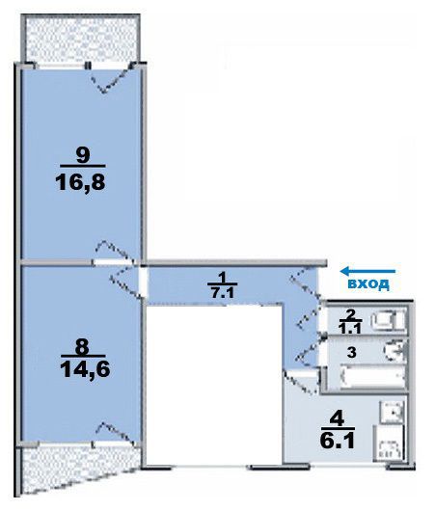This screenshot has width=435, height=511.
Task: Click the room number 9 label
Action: coord(82,155)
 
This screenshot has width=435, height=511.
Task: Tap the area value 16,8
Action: coord(81,182)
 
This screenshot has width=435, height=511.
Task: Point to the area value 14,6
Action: coord(85,369)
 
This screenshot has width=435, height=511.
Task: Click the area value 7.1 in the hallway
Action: coord(222,293)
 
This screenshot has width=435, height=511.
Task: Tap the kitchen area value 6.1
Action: coord(338,442)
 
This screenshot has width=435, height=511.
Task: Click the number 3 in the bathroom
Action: coord(351,353)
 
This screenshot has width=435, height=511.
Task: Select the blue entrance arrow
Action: coord(367,271)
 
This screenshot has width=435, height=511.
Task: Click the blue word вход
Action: coord(368,283)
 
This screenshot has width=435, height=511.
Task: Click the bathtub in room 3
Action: coord(372,377)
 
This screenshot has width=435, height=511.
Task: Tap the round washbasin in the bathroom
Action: coord(394,351)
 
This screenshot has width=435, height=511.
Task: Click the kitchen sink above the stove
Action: coord(393,412)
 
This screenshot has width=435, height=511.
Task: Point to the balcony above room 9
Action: coord(81,39)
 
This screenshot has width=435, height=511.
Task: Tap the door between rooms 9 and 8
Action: coord(114,255)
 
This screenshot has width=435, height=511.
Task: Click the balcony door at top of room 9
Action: coord(112,78)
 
